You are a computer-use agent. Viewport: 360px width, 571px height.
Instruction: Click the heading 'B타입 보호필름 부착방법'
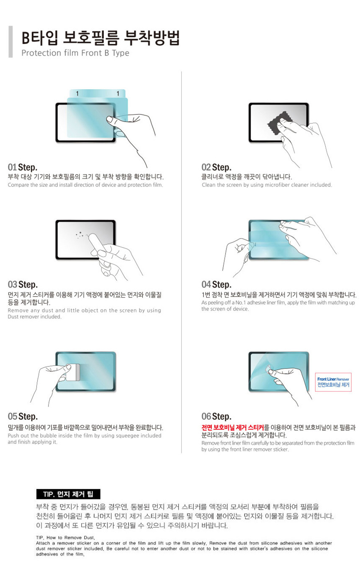tap(100, 38)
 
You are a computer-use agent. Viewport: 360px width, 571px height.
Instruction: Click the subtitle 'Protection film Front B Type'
tap(75, 53)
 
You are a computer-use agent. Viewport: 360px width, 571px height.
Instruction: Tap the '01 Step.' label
tap(23, 167)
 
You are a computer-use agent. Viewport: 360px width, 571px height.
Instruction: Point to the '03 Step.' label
tap(23, 285)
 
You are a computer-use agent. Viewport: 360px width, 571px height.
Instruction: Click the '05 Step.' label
tap(23, 417)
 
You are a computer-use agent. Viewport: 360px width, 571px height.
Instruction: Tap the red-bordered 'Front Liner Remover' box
tap(333, 381)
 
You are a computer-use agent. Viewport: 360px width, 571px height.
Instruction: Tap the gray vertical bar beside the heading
tap(10, 41)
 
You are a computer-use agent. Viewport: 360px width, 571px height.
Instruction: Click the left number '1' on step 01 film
tap(77, 93)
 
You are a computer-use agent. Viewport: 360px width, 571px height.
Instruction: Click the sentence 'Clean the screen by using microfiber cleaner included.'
tap(267, 185)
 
